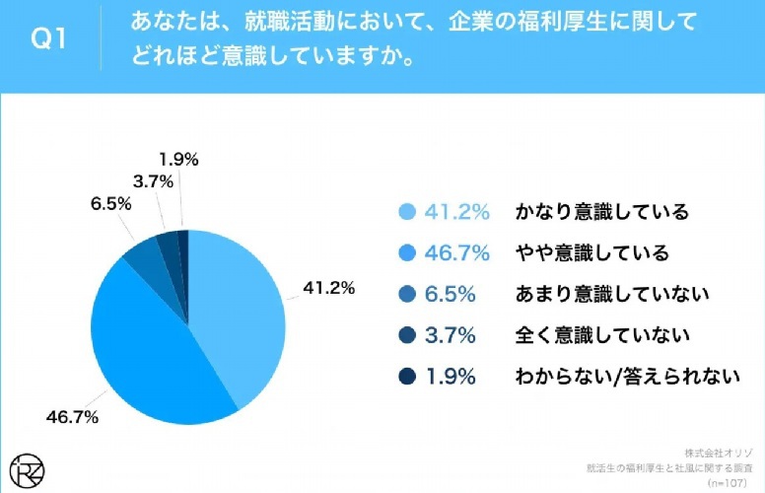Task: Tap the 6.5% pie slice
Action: point(141,258)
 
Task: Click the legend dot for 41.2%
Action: point(406,212)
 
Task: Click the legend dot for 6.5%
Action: point(406,294)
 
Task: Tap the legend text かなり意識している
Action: point(600,212)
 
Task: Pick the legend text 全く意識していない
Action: point(600,335)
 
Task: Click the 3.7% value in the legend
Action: point(451,335)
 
